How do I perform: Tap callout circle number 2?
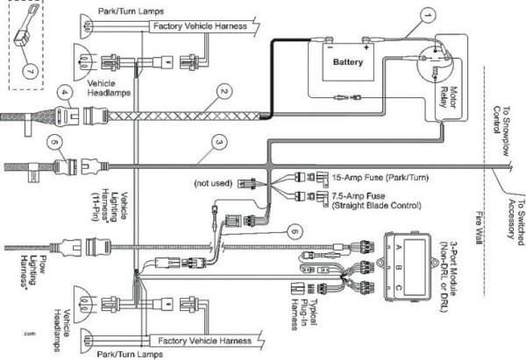224,91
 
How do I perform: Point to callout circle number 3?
218,142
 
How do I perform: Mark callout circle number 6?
295,230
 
